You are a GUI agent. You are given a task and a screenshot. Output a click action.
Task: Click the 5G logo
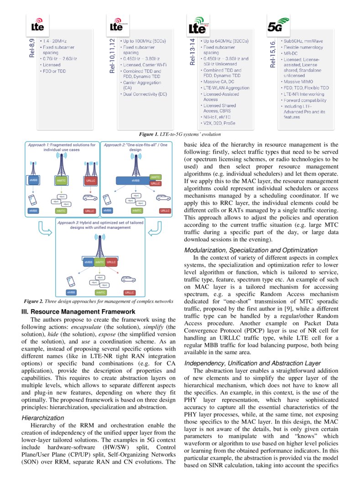click(x=278, y=26)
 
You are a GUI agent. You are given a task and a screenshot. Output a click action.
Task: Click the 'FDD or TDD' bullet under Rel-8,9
click(x=54, y=71)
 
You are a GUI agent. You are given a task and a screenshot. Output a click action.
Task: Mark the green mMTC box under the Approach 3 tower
click(x=99, y=263)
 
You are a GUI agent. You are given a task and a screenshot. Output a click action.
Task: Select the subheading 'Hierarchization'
click(x=43, y=418)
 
